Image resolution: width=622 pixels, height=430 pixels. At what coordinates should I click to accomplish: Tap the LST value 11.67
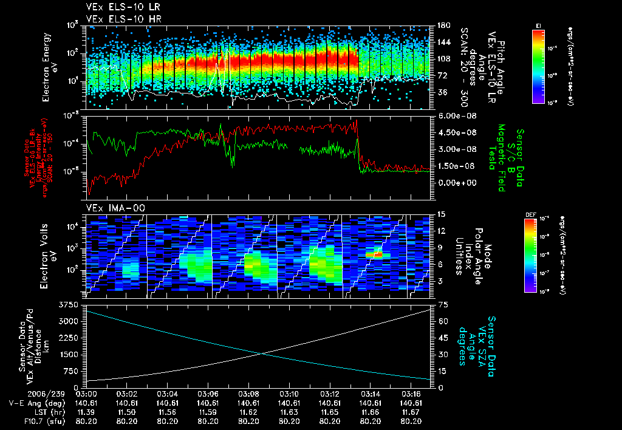(x=412, y=412)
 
